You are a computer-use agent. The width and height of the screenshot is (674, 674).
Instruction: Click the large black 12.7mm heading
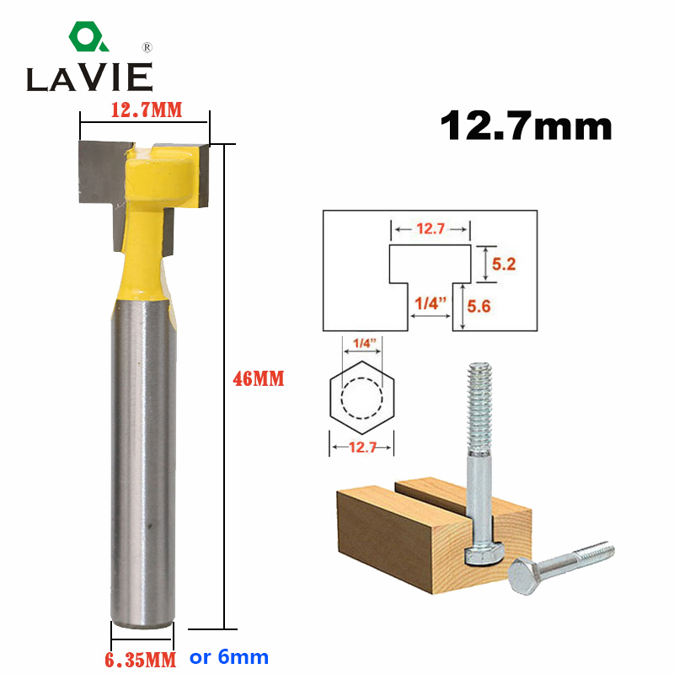click(526, 126)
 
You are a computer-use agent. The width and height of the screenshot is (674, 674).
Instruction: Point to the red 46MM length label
click(259, 380)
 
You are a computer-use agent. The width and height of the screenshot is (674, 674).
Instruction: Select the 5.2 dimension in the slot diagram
click(504, 264)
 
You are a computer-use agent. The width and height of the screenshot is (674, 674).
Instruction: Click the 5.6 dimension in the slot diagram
click(504, 308)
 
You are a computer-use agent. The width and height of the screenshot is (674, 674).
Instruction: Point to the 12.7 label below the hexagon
click(361, 447)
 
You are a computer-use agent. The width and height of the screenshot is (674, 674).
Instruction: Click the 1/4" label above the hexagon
click(361, 343)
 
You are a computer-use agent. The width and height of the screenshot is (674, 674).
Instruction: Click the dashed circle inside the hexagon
click(361, 394)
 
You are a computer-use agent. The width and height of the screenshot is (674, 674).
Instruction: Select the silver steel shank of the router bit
click(142, 463)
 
